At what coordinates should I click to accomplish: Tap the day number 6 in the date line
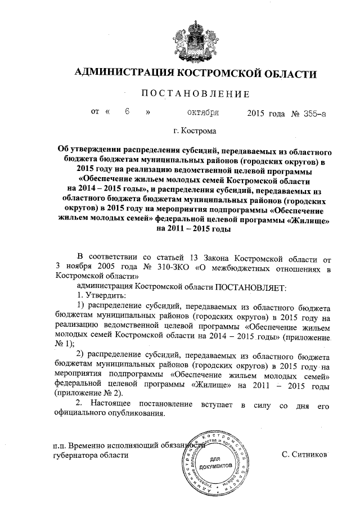128,112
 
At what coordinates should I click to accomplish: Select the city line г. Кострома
194,131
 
